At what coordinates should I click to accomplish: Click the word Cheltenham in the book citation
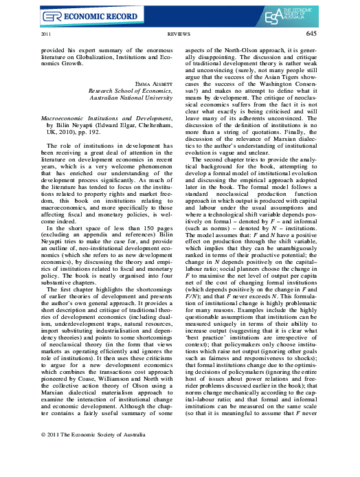click(155, 127)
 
